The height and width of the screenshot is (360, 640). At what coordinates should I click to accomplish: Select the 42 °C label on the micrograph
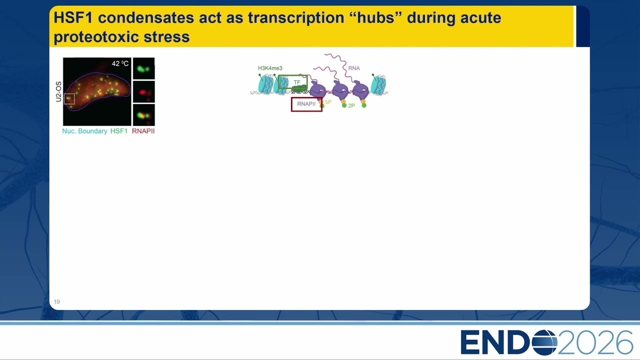120,63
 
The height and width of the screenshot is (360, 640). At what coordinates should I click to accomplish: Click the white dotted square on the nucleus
69,99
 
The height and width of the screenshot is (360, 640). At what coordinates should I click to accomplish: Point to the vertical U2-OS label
58,91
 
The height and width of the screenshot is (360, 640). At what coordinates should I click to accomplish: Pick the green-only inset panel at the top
143,68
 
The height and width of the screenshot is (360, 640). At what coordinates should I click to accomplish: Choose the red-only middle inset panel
143,92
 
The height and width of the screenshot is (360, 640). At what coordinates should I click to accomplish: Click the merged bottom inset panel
143,115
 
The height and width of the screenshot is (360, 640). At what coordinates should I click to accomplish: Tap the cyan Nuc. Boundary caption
84,131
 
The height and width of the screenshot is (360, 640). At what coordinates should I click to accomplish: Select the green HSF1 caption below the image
119,131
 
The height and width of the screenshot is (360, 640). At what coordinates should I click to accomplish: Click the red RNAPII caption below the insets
143,131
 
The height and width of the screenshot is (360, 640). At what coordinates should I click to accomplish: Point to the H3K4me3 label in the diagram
270,68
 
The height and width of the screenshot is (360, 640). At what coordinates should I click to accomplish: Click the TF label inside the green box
297,82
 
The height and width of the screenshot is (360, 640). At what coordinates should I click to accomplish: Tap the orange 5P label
328,102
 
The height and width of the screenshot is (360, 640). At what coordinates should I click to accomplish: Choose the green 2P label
351,105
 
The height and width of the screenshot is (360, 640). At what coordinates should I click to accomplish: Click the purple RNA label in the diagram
354,68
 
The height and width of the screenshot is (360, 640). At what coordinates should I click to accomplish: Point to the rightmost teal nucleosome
378,85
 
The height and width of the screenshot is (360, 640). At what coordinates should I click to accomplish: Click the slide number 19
56,301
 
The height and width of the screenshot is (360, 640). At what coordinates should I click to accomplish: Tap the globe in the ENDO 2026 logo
544,342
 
